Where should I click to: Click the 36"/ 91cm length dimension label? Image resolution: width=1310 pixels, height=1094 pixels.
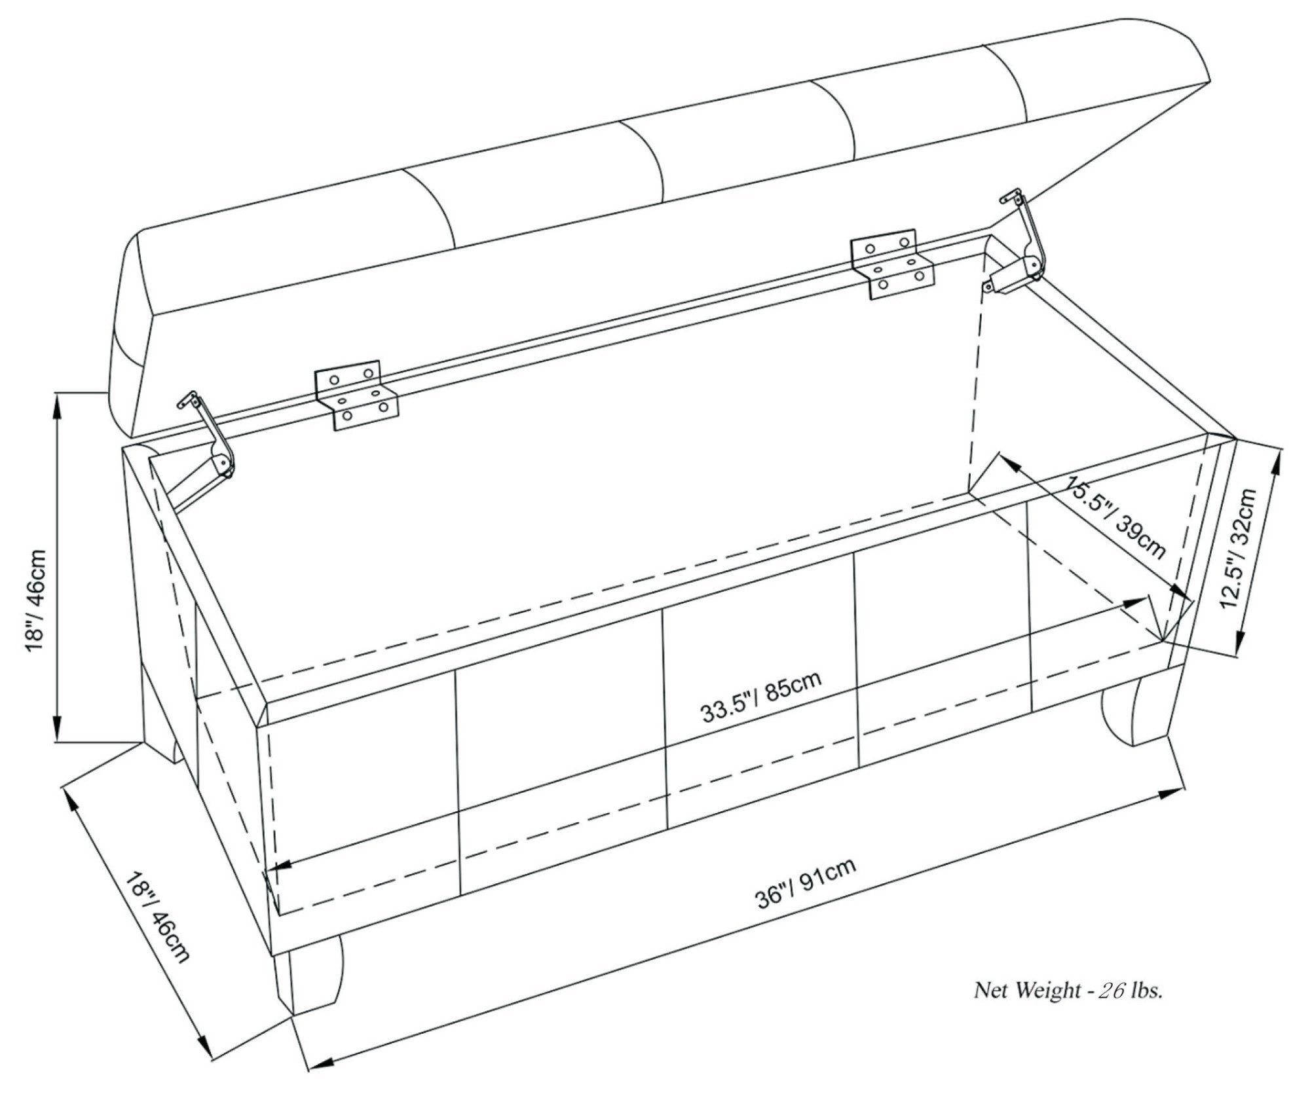[806, 883]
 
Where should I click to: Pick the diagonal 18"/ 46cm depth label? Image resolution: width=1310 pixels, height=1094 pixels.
[157, 917]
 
